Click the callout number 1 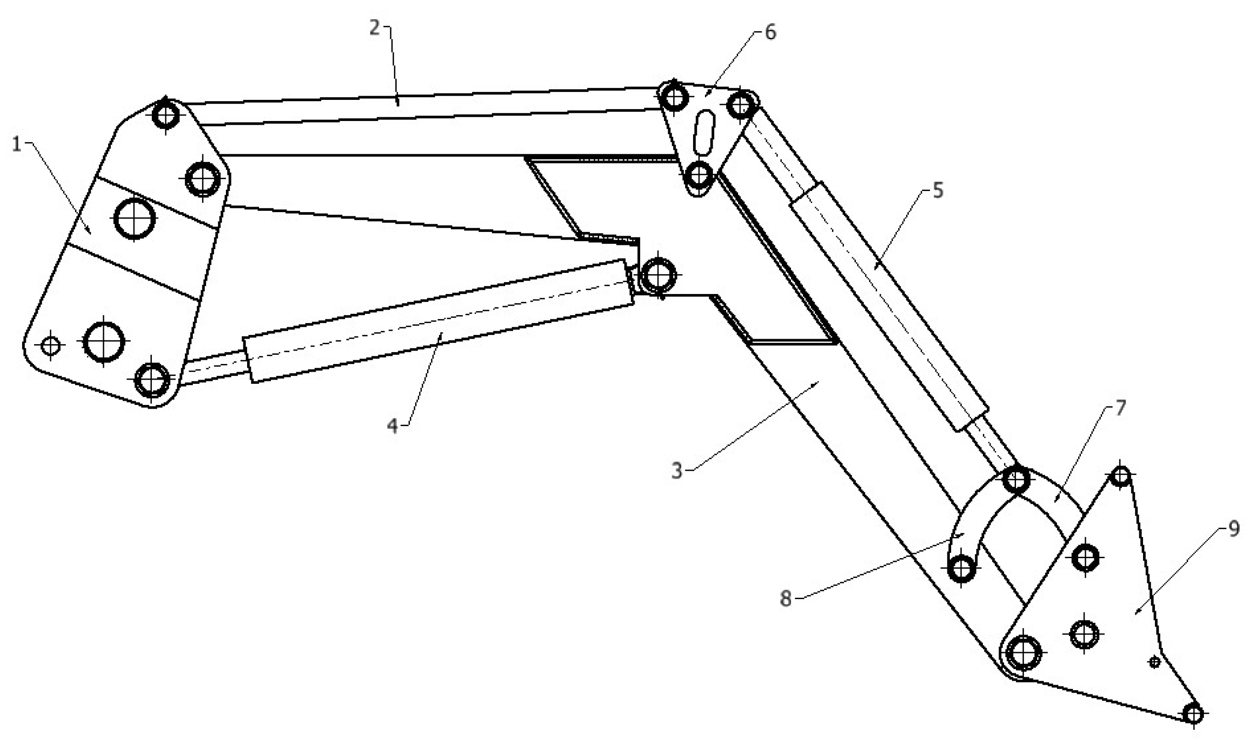click(x=17, y=145)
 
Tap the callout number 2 click(x=375, y=28)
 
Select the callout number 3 click(x=677, y=471)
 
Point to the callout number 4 click(x=392, y=426)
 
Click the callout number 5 click(x=938, y=191)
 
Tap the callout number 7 click(x=1120, y=408)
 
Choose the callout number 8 click(x=785, y=598)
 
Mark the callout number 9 click(x=1233, y=529)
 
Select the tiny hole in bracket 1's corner click(x=51, y=346)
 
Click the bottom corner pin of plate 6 click(x=699, y=175)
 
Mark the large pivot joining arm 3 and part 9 click(x=1023, y=653)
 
